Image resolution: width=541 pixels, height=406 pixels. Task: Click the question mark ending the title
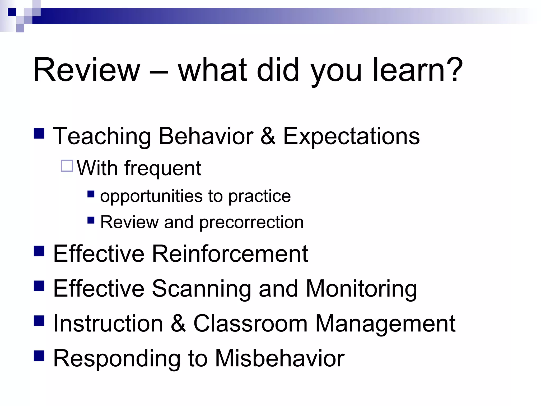[454, 70]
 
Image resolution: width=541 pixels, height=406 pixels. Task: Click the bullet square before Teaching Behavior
[39, 133]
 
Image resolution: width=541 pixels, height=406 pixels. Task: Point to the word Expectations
[351, 136]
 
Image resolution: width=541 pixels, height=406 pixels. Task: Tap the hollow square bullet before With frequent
[67, 166]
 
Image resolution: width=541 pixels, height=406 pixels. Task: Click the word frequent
[163, 169]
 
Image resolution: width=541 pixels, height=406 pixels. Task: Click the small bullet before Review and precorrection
[91, 220]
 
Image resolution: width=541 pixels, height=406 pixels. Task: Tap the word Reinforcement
[230, 254]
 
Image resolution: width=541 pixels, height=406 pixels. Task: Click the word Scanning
[201, 289]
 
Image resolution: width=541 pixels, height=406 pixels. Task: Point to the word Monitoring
[361, 289]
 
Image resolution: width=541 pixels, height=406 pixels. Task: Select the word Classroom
[250, 324]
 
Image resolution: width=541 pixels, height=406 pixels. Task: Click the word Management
[385, 324]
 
